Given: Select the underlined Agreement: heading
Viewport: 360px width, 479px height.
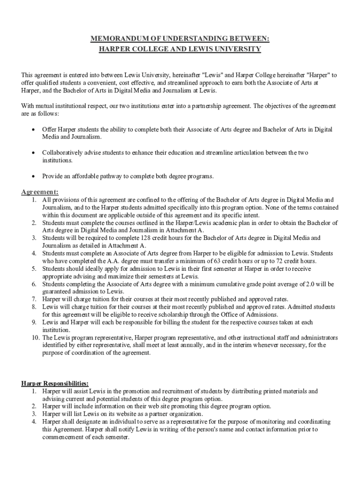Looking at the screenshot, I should pyautogui.click(x=40, y=192).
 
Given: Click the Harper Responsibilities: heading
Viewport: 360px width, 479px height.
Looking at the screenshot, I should pyautogui.click(x=55, y=384).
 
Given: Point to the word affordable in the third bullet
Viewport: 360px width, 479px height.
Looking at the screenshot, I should pyautogui.click(x=91, y=176).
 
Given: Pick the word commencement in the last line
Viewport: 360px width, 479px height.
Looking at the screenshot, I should pyautogui.click(x=63, y=437).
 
